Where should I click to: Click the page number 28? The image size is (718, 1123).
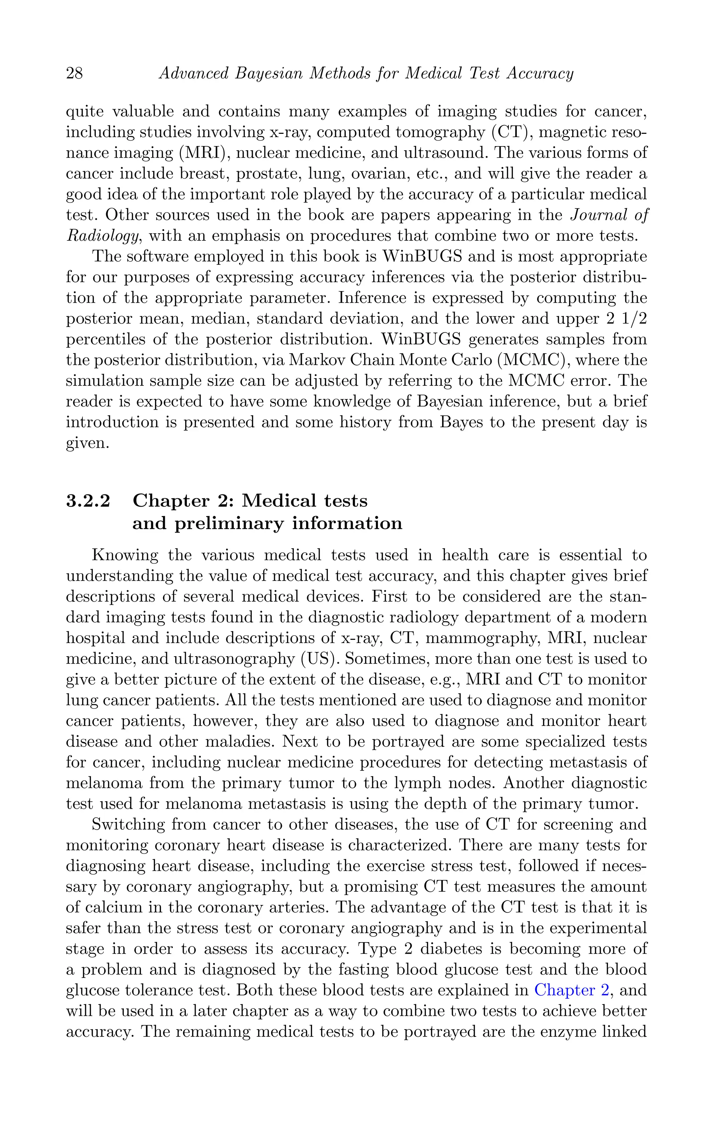(75, 74)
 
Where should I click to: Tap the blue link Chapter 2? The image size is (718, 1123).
(571, 990)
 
